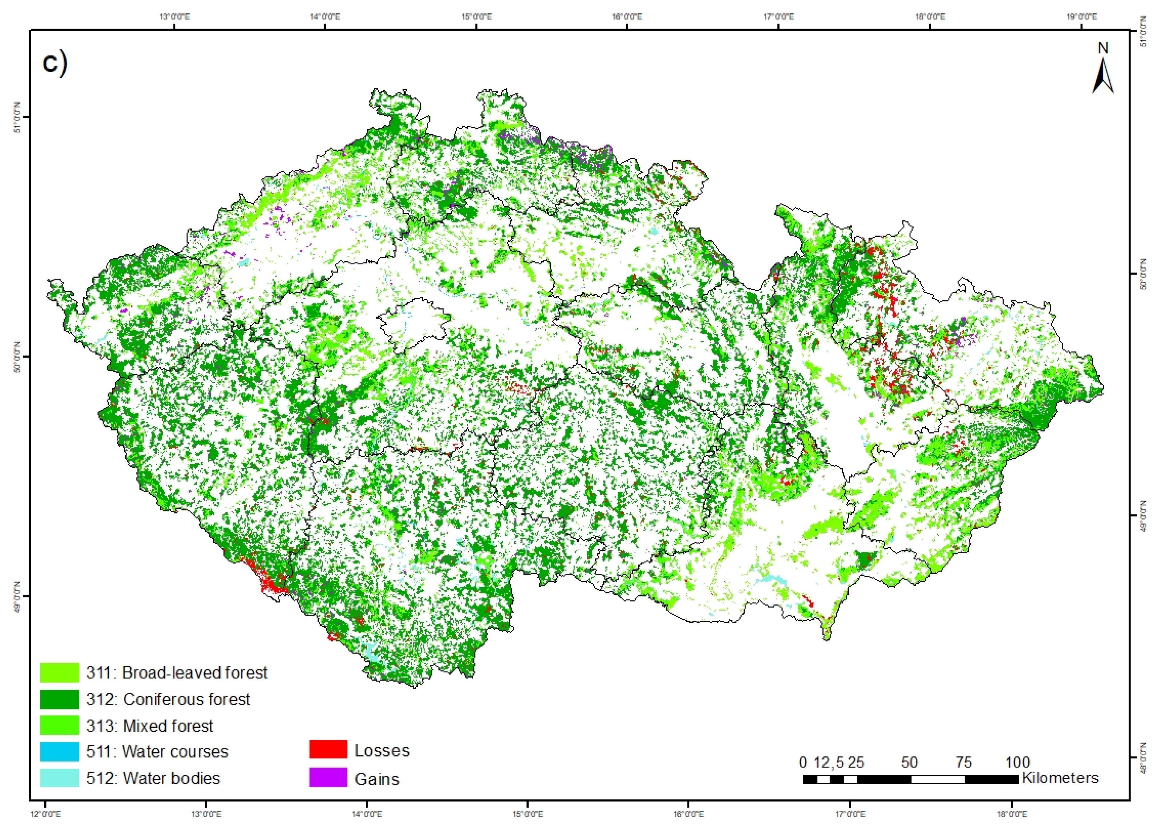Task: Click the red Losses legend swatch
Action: (328, 750)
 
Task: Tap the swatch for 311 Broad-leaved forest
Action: (59, 672)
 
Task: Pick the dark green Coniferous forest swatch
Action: (59, 699)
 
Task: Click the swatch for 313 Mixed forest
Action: (59, 725)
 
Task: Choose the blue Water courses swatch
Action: (59, 751)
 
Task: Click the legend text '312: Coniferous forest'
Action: (168, 699)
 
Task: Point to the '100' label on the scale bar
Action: (1017, 762)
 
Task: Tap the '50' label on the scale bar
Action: (909, 762)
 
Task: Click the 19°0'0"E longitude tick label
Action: (1082, 17)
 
